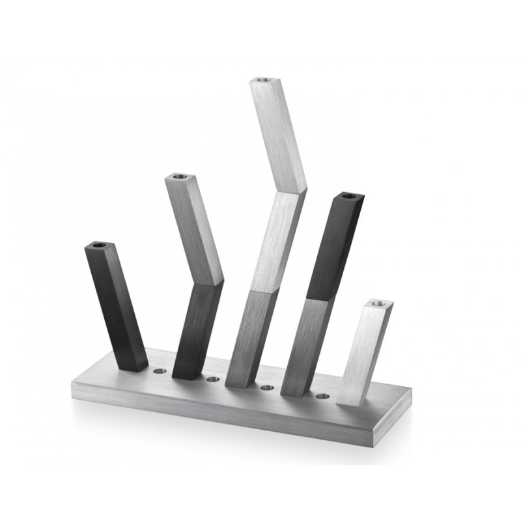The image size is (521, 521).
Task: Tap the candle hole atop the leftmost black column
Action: [x=98, y=246]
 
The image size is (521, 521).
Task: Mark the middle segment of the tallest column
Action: [x=277, y=241]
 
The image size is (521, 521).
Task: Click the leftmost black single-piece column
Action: [x=117, y=306]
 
